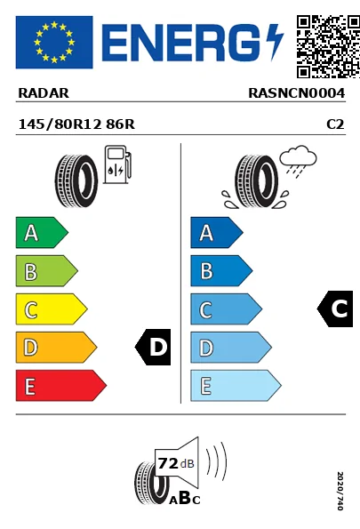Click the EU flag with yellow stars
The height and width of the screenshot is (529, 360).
pyautogui.click(x=54, y=42)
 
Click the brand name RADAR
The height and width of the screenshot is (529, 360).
pyautogui.click(x=43, y=92)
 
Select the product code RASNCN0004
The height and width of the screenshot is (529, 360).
pyautogui.click(x=296, y=92)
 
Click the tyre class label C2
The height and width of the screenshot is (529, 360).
pyautogui.click(x=335, y=125)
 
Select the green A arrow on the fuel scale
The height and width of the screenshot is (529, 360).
pyautogui.click(x=41, y=234)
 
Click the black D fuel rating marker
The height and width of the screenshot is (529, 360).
pyautogui.click(x=154, y=348)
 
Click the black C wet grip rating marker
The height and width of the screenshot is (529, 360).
pyautogui.click(x=336, y=309)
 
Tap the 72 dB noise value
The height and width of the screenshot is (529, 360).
pyautogui.click(x=176, y=463)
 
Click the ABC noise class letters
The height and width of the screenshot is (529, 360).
pyautogui.click(x=184, y=499)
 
